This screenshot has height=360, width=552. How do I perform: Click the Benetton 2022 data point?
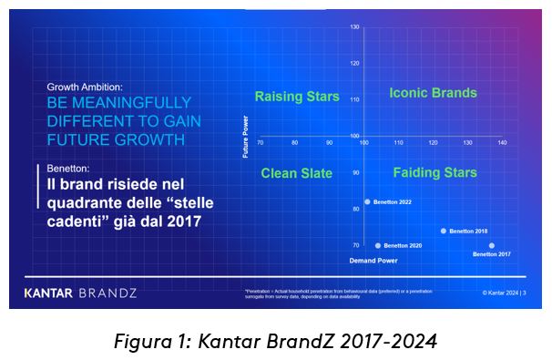tap(367, 202)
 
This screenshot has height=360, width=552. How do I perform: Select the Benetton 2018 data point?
tap(444, 231)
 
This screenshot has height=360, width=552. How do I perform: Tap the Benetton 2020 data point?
tap(378, 245)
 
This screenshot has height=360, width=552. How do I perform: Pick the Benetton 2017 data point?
tap(492, 245)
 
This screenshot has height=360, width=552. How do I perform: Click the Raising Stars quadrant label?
tap(296, 97)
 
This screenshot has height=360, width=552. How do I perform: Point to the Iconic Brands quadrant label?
tap(433, 93)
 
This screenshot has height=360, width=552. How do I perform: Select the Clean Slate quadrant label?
tap(296, 173)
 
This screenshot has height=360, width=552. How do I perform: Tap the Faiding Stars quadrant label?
tap(434, 173)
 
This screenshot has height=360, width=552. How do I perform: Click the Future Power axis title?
tap(246, 136)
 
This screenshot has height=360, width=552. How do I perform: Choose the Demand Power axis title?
tap(372, 261)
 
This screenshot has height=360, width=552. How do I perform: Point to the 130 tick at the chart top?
tap(354, 26)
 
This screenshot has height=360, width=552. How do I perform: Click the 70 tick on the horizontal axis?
tap(261, 143)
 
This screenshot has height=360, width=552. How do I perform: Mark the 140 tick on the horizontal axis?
tap(502, 143)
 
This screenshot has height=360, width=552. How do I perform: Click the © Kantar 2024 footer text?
tap(506, 293)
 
